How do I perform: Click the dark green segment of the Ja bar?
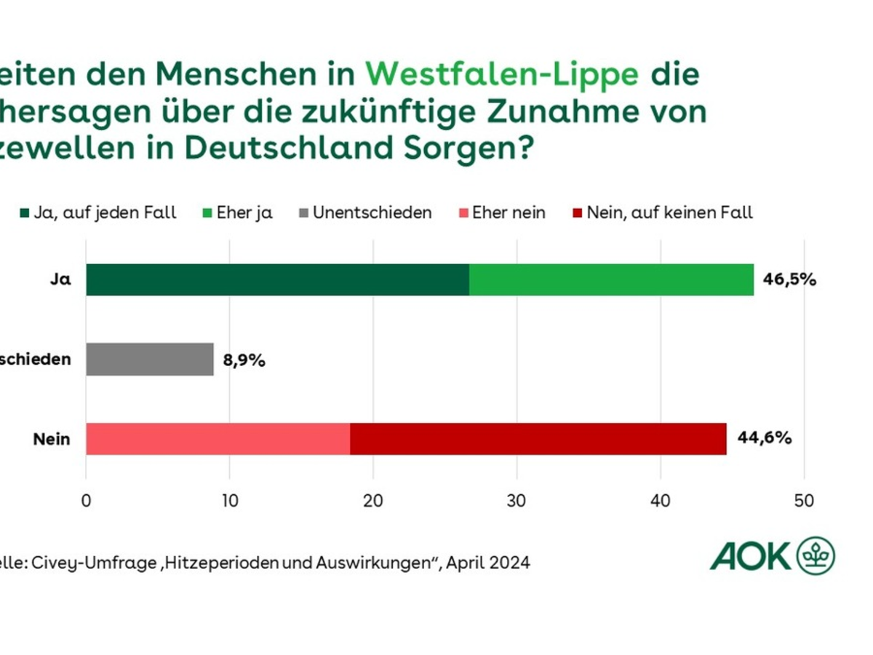click(277, 279)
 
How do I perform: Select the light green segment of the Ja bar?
click(611, 279)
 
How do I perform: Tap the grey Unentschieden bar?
click(150, 360)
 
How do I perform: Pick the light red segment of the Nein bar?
click(218, 439)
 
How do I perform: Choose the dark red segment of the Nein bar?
click(538, 439)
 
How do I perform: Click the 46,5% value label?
click(789, 279)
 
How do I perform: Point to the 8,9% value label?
click(244, 360)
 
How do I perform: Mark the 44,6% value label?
click(764, 439)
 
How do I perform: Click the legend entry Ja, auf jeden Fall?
click(98, 213)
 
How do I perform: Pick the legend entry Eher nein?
click(501, 213)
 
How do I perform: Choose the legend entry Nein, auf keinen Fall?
click(662, 213)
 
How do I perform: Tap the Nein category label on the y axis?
click(52, 439)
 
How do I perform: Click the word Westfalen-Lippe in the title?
click(502, 74)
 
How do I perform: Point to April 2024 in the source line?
click(488, 563)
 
